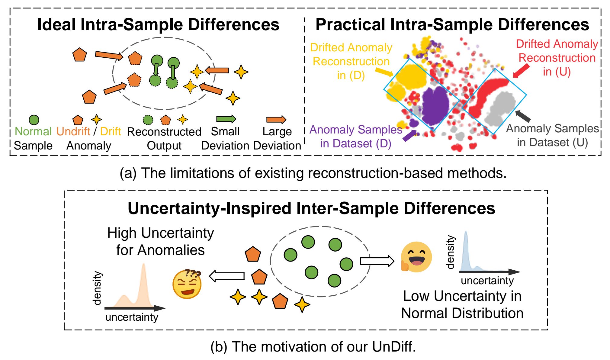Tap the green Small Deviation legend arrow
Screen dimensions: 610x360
coord(226,119)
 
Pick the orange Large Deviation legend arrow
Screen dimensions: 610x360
coord(276,120)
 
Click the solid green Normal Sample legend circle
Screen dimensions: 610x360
coord(34,120)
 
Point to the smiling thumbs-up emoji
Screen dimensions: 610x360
coord(416,257)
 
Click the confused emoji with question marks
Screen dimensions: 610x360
coord(187,284)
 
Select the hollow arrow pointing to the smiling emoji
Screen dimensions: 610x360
coord(377,261)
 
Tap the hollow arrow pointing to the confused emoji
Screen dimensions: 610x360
coord(227,276)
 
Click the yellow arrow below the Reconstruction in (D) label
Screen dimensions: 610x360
coord(384,72)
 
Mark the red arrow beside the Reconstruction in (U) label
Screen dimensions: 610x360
coord(521,71)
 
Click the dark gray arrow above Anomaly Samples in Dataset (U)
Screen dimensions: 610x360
coord(523,116)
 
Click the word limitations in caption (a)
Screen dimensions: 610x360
coord(199,173)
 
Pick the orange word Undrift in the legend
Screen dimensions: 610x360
coord(73,131)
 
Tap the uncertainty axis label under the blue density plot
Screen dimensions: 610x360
coord(487,281)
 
